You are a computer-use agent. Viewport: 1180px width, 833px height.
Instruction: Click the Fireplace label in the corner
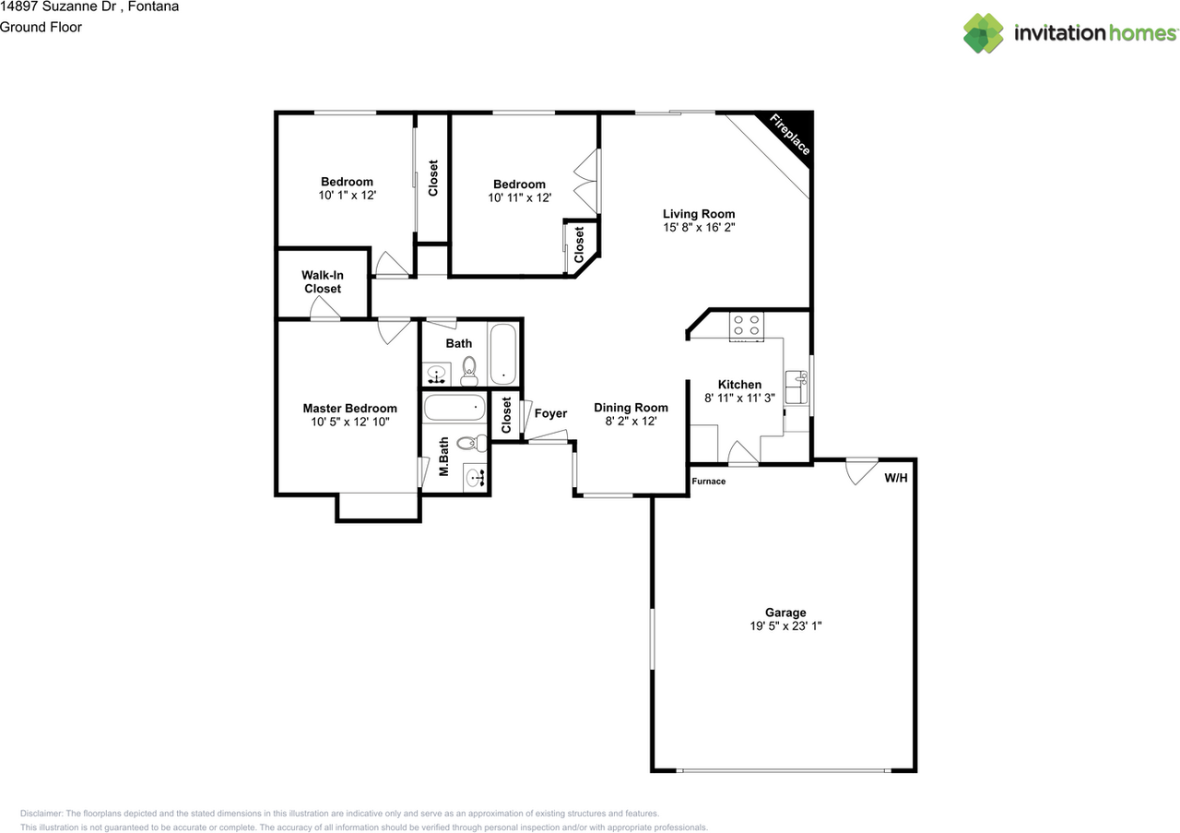click(790, 135)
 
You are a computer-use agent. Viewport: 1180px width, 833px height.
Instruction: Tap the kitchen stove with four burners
click(747, 326)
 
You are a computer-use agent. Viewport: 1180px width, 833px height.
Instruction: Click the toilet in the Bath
click(468, 369)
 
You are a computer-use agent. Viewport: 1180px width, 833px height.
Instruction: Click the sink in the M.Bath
click(475, 478)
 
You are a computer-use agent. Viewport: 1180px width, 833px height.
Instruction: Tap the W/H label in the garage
click(895, 478)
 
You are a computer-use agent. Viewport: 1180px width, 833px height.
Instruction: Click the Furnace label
click(709, 482)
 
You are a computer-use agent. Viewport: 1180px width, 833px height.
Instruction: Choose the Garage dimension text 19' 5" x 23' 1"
click(785, 625)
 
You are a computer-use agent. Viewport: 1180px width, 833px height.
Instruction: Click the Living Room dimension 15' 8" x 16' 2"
click(698, 227)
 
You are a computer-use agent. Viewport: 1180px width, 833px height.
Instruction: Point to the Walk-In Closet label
click(323, 282)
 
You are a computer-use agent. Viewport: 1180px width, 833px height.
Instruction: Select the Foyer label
click(550, 413)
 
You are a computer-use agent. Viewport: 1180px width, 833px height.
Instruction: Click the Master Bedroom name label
click(349, 409)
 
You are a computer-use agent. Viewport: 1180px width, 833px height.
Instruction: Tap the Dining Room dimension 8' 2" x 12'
click(631, 421)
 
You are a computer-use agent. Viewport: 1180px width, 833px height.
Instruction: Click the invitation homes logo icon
click(984, 33)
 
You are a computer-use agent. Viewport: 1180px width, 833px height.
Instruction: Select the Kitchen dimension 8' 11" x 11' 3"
click(739, 398)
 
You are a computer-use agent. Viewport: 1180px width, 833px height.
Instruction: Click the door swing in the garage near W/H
click(860, 470)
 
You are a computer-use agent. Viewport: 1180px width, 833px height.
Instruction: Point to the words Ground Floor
click(41, 27)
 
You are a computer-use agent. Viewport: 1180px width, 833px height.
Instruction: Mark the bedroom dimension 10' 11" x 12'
click(519, 197)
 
